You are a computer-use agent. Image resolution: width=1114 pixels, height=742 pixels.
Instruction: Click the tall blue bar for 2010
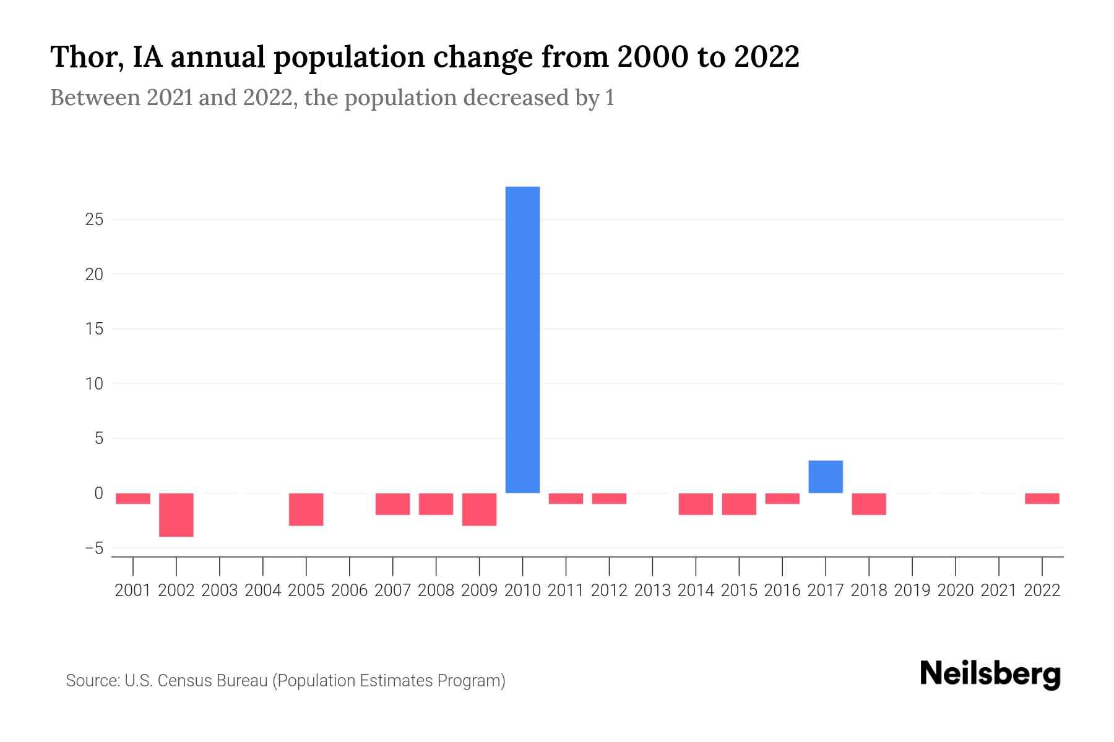522,339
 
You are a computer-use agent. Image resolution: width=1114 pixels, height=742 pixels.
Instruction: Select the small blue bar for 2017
826,477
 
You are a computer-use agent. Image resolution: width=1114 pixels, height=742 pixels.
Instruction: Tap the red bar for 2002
176,514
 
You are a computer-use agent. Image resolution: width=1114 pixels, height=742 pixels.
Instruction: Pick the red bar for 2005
306,509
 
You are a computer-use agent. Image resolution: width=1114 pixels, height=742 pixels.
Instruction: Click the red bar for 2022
1042,498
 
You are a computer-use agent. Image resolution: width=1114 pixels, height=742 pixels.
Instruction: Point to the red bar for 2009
479,509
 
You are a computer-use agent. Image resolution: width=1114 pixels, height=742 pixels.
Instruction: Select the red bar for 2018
869,503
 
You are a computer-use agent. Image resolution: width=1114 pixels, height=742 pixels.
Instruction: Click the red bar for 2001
133,498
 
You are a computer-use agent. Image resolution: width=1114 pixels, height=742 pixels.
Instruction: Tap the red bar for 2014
696,503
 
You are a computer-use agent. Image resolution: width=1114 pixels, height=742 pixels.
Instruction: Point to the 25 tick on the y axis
94,220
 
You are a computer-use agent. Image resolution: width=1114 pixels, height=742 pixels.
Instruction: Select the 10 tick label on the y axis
94,384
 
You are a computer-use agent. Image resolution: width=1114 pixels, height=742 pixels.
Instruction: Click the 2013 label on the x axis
652,591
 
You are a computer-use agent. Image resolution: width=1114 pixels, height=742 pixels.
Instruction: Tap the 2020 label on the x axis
956,591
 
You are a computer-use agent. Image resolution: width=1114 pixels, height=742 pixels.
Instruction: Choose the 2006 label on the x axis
350,591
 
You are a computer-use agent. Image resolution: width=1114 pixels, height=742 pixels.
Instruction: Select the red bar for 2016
782,498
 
